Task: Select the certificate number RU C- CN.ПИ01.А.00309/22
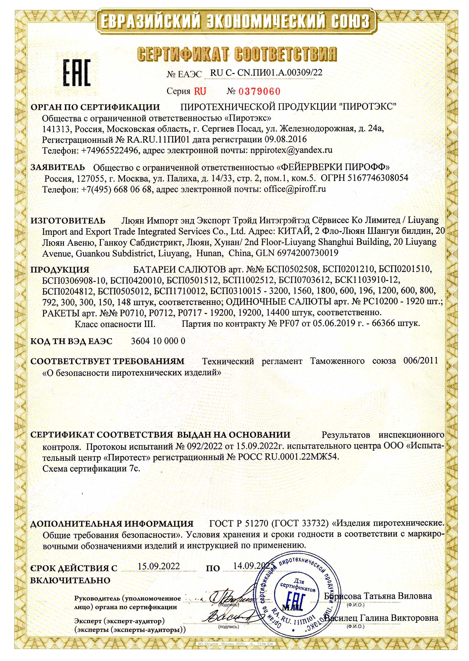pyautogui.click(x=266, y=73)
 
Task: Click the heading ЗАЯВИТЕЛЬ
pyautogui.click(x=58, y=167)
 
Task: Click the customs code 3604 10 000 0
pyautogui.click(x=158, y=341)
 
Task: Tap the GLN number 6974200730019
pyautogui.click(x=308, y=253)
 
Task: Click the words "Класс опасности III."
pyautogui.click(x=115, y=323)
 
